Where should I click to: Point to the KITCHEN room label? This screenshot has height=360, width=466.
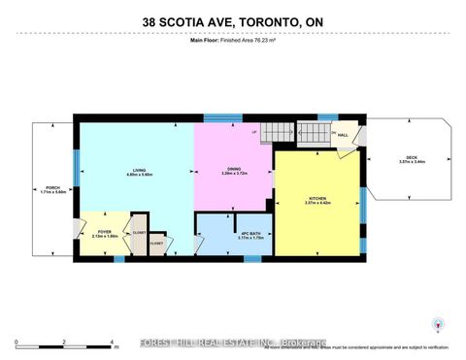point(318,200)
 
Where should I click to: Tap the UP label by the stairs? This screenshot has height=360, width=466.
point(254,131)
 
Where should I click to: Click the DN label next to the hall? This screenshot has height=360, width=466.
point(332,132)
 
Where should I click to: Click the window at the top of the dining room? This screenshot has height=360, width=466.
point(229,119)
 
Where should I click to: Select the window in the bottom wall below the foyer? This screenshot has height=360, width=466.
point(118,258)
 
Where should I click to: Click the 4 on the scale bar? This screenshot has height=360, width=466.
point(113,343)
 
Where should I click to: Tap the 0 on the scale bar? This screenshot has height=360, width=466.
point(17,343)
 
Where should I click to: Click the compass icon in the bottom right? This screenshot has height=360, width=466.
point(436,325)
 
